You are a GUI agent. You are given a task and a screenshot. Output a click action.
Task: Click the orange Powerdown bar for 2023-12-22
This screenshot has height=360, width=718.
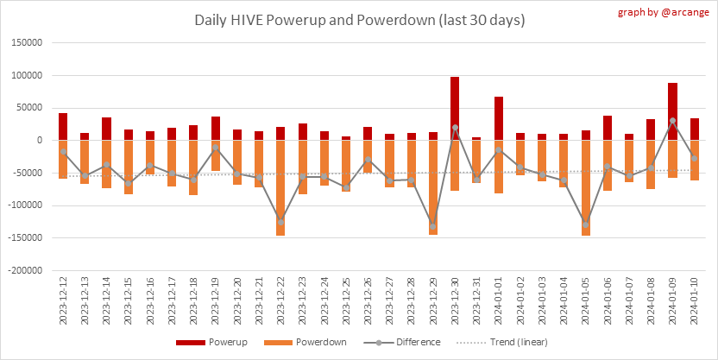pos(280,187)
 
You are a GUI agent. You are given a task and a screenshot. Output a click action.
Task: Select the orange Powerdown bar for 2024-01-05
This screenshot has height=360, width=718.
pos(586,187)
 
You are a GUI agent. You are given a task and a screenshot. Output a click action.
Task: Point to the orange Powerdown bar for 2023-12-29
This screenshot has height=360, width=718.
pos(433,186)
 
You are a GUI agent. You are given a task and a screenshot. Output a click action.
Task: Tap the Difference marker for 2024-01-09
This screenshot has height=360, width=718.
pos(673,121)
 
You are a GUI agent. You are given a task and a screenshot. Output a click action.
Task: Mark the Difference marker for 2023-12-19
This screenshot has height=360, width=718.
pos(215,148)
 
